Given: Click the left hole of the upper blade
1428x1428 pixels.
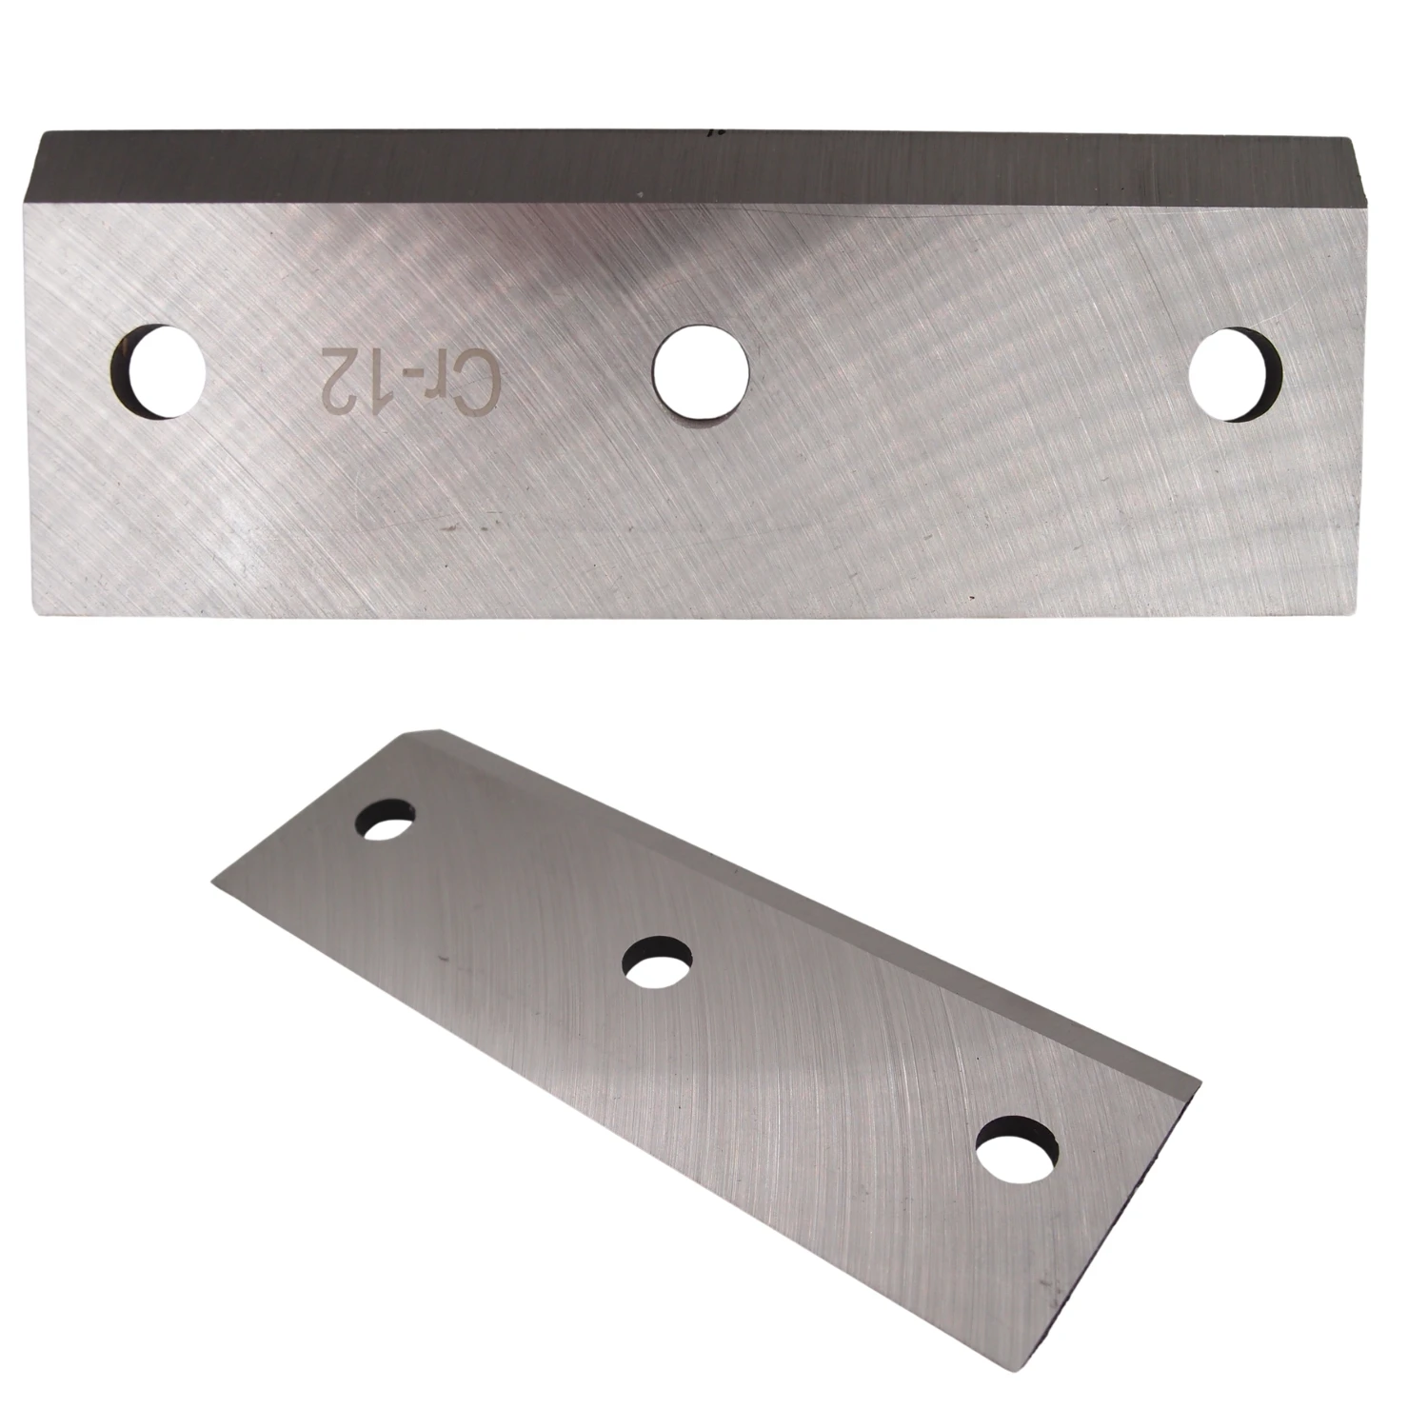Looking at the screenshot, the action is pyautogui.click(x=159, y=372).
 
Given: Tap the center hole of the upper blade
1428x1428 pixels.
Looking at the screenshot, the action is pyautogui.click(x=703, y=371).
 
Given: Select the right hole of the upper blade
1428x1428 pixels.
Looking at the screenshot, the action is pyautogui.click(x=1236, y=373).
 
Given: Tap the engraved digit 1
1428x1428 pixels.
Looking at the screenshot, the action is pyautogui.click(x=365, y=370).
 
